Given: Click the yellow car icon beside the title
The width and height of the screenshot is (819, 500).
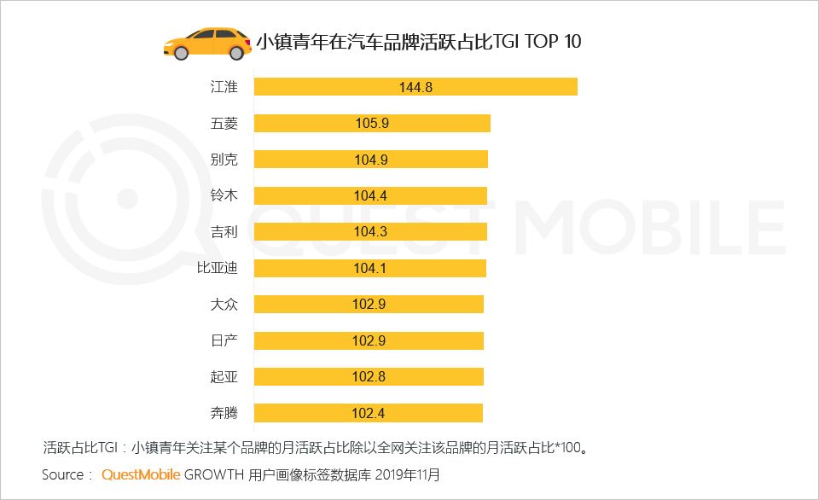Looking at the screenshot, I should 206,43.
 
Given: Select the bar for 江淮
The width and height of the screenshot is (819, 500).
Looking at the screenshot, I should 415,87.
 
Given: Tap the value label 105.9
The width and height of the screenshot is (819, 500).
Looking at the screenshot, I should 372,124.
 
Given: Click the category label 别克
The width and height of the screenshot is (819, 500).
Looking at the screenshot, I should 224,160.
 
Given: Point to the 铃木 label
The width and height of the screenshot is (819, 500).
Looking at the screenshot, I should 224,195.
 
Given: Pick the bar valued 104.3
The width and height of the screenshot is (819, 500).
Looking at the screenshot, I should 370,232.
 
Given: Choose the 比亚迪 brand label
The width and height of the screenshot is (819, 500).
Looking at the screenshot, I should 217,268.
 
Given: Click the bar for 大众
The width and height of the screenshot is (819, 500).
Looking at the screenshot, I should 369,305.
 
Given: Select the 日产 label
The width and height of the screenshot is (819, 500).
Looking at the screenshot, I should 224,340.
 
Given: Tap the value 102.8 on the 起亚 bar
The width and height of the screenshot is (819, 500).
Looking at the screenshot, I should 369,377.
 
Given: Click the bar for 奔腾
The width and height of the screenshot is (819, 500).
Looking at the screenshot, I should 369,413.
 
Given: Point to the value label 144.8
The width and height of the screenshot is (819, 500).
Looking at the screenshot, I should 415,87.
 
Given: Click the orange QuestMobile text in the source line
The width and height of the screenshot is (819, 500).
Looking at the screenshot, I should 140,474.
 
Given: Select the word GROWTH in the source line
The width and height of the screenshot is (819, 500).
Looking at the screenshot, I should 213,474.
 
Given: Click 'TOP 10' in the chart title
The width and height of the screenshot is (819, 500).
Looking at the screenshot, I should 555,41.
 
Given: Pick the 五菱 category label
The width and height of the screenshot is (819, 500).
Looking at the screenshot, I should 224,123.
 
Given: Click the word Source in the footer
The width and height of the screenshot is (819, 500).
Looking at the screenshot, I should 62,474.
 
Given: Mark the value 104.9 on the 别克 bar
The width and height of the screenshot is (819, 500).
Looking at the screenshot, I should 371,160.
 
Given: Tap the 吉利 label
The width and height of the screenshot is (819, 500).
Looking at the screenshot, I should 224,232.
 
